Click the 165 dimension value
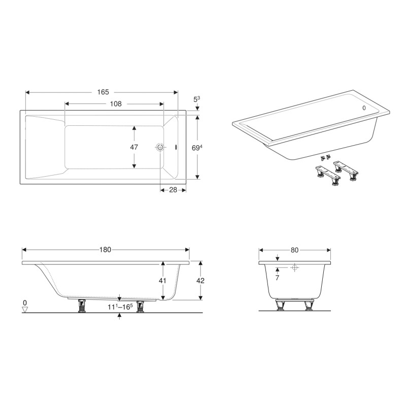click(103, 92)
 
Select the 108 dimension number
click(116, 104)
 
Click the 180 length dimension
click(106, 250)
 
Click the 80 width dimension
click(294, 250)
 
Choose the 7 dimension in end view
click(277, 278)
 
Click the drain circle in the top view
click(160, 147)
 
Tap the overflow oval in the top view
click(176, 148)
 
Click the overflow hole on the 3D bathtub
click(364, 108)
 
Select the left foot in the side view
click(81, 306)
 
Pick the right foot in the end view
click(308, 306)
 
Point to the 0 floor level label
click(25, 303)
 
